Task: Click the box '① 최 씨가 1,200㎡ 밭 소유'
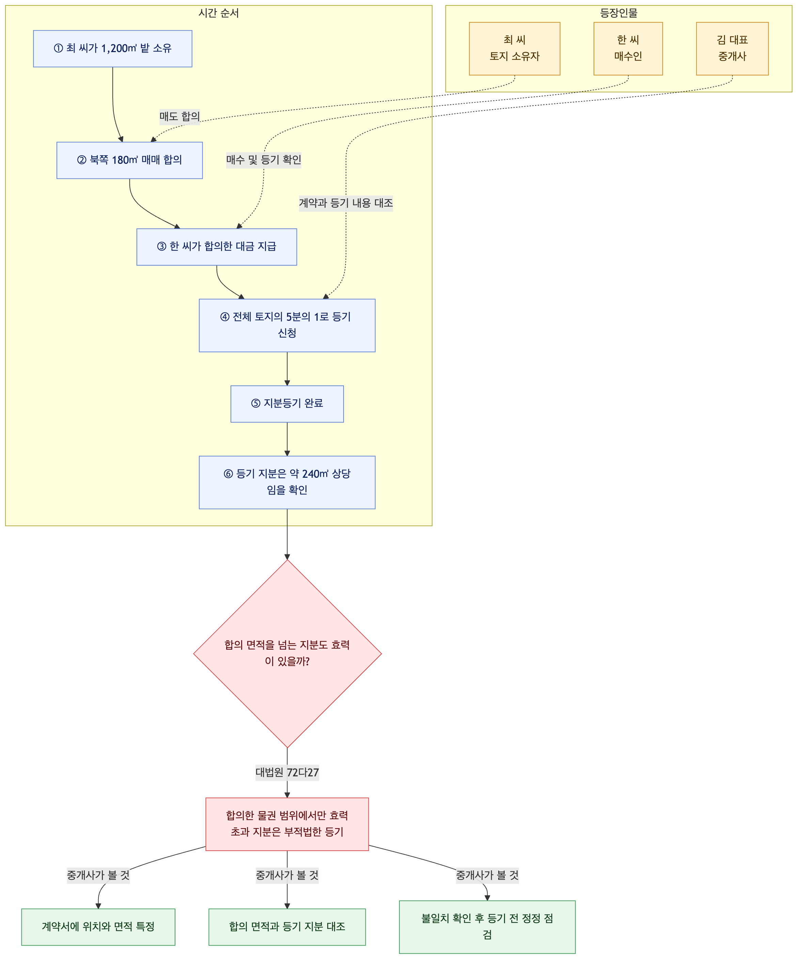(x=113, y=49)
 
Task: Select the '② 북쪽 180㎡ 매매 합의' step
(x=130, y=160)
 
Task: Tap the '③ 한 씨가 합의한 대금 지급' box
(x=217, y=247)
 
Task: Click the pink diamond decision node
(x=287, y=653)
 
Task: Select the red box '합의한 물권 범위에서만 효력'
(x=287, y=824)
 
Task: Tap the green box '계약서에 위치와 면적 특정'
(x=98, y=927)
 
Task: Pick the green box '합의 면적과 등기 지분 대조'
(x=287, y=927)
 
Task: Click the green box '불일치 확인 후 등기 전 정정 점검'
(x=487, y=927)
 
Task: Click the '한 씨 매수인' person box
(x=628, y=49)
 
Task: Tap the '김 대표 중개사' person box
(x=732, y=49)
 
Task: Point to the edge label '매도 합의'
(x=180, y=117)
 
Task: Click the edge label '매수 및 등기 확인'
(x=264, y=160)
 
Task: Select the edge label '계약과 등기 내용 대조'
(x=346, y=203)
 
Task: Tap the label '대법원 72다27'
(x=287, y=773)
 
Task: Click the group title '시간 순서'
(x=219, y=13)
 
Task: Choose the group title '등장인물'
(x=619, y=13)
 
